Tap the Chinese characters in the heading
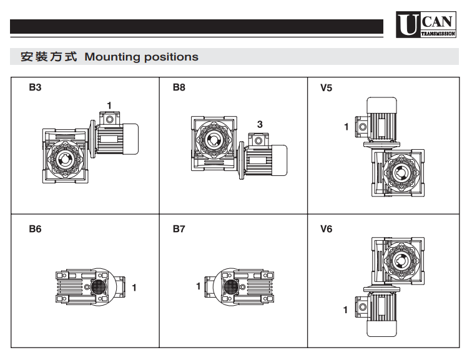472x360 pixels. [49, 57]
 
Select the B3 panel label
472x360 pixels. [35, 88]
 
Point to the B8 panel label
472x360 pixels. [179, 88]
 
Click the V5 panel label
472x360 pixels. [326, 88]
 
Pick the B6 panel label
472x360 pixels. [35, 230]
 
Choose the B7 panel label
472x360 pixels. [179, 230]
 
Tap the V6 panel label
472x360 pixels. [326, 230]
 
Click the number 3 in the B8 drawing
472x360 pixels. [260, 125]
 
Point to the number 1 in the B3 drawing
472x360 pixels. [110, 104]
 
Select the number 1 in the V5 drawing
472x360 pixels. [347, 127]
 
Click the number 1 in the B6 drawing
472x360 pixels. [134, 288]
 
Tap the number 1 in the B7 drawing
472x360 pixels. [198, 286]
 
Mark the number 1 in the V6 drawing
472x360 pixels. [345, 309]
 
